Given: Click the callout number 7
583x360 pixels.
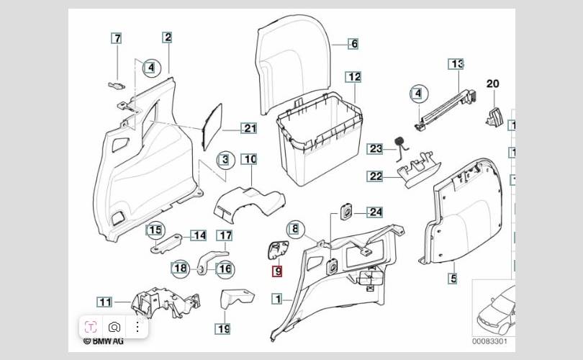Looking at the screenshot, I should click(x=117, y=38).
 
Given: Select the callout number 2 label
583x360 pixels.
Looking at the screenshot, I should click(x=167, y=37).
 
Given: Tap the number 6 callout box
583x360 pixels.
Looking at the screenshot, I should click(x=353, y=44).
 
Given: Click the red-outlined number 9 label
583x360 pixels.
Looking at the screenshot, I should click(x=278, y=272).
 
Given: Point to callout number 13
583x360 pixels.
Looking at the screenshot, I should click(x=456, y=64).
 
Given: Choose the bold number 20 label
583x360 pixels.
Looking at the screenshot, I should click(x=492, y=84).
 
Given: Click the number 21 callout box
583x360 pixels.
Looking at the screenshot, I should click(x=249, y=129).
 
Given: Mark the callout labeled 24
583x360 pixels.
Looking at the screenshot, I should click(x=375, y=212).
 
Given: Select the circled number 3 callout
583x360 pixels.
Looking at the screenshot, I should click(x=225, y=159).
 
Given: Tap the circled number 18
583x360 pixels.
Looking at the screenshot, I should click(x=180, y=269).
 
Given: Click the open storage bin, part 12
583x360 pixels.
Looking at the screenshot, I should click(x=317, y=140).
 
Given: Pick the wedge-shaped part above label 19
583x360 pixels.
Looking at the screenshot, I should click(x=236, y=298).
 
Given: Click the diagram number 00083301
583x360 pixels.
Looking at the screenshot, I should click(x=489, y=341).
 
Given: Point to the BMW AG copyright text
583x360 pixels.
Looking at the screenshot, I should click(x=104, y=341).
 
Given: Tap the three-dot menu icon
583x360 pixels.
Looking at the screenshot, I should click(x=137, y=326).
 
